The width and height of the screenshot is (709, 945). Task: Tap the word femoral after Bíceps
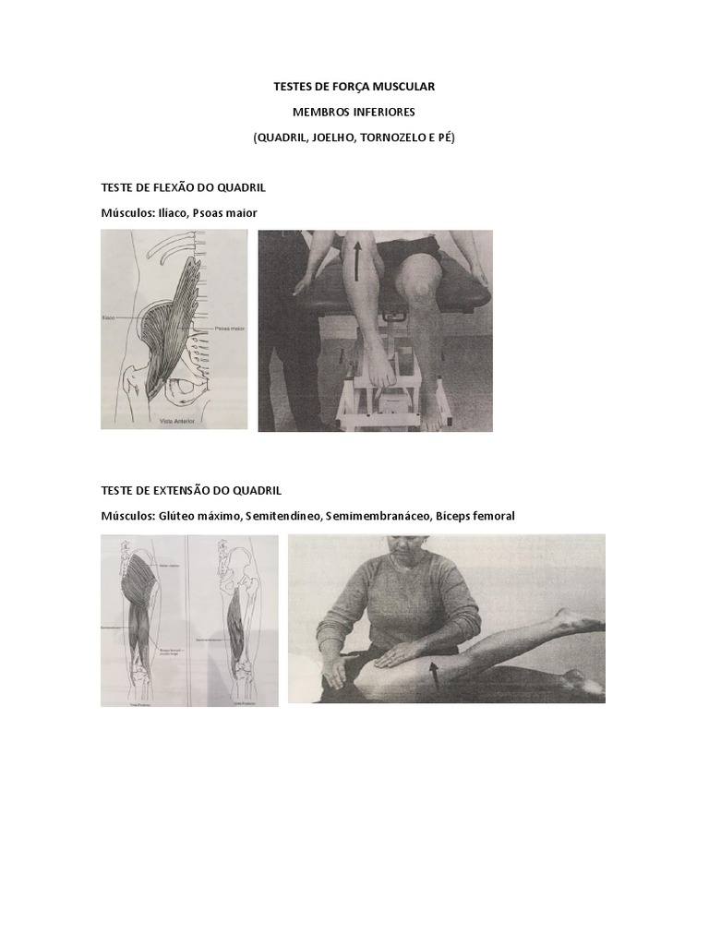pos(491,516)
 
